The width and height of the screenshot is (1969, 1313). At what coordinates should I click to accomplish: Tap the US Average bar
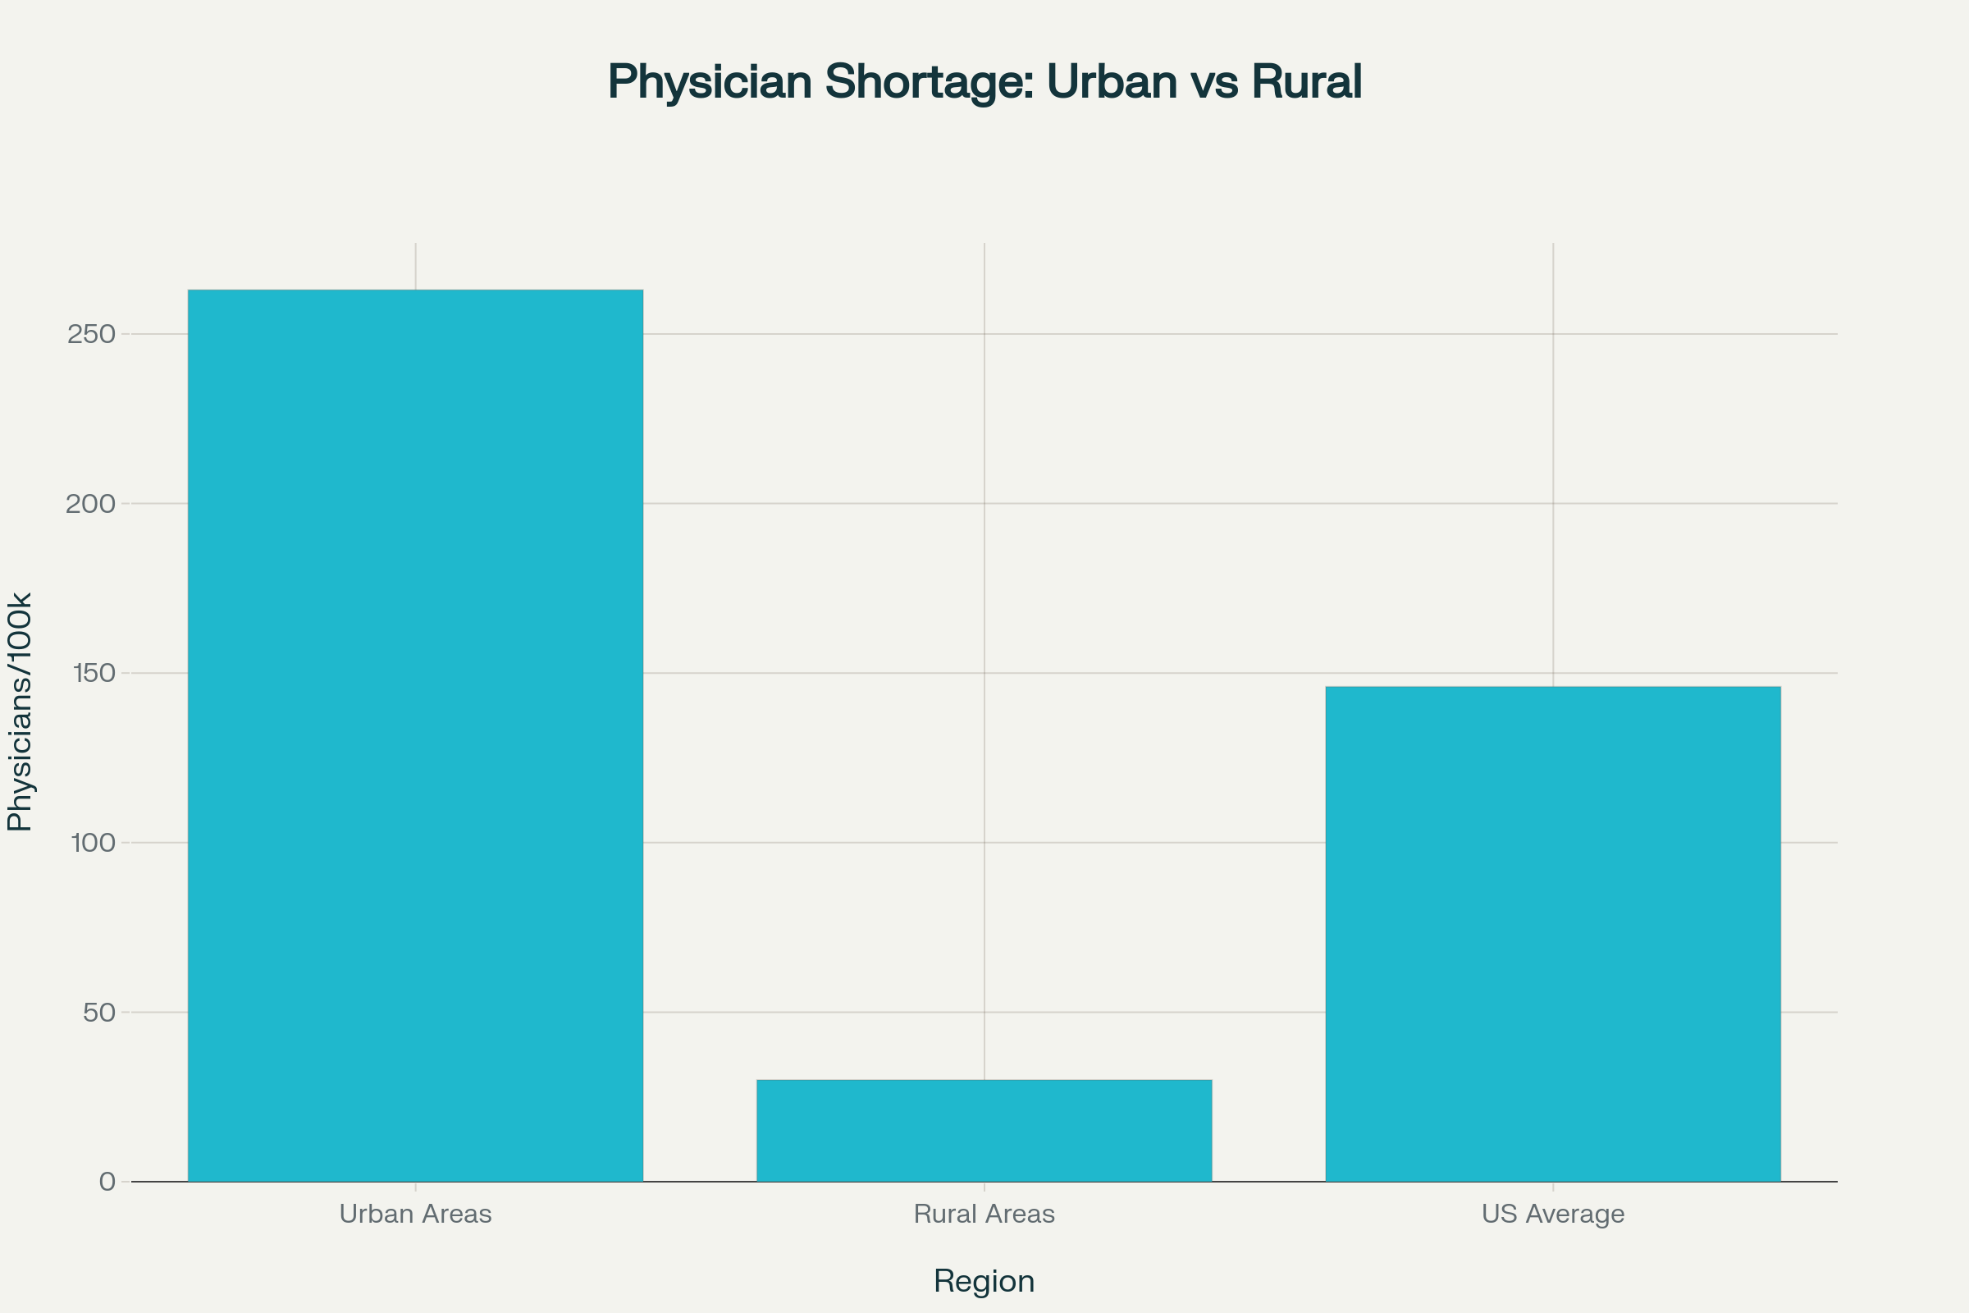1553,934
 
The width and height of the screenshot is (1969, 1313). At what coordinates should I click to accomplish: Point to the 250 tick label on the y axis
90,334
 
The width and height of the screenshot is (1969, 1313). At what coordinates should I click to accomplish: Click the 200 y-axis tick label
90,504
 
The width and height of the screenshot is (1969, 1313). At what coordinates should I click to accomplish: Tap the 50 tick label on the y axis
98,1013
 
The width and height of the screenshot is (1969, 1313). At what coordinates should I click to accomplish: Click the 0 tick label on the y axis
107,1182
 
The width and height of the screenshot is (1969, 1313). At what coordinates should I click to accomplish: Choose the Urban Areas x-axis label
415,1214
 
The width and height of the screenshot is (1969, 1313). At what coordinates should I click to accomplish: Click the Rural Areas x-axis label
984,1214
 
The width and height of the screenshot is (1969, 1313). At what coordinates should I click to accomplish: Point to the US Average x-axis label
1553,1214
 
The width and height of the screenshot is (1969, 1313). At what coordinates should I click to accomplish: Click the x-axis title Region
984,1281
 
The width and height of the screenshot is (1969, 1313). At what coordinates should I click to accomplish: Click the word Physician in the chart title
710,82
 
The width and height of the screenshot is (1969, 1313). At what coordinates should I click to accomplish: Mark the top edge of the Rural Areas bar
984,1080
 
